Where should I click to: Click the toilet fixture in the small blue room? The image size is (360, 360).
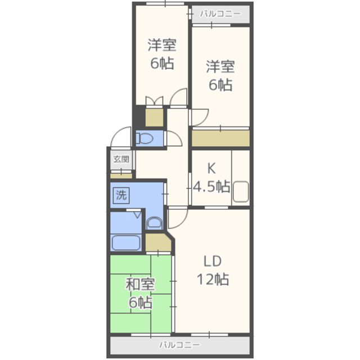tap(145, 138)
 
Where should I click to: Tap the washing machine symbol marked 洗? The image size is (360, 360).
tap(121, 195)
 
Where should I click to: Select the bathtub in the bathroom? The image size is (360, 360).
tap(126, 243)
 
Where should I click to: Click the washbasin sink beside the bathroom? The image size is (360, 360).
tap(154, 223)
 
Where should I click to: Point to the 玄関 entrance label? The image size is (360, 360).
tap(121, 159)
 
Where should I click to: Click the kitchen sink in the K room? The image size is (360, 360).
tap(241, 191)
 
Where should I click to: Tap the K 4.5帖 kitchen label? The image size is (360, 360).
tap(211, 178)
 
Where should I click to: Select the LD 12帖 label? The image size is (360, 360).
tap(213, 270)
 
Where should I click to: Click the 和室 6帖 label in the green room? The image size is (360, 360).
tap(140, 294)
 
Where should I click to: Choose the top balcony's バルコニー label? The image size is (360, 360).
tap(220, 13)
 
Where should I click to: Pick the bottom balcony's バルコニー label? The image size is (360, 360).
tap(180, 345)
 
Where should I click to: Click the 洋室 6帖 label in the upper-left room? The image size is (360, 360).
tap(162, 54)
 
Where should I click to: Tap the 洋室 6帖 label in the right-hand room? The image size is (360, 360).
tap(220, 75)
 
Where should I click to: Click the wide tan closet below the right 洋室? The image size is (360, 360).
tap(220, 138)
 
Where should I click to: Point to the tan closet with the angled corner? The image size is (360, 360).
tap(159, 242)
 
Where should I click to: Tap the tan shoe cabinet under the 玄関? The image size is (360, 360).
tap(121, 176)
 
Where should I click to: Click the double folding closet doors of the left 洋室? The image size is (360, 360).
tap(155, 101)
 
